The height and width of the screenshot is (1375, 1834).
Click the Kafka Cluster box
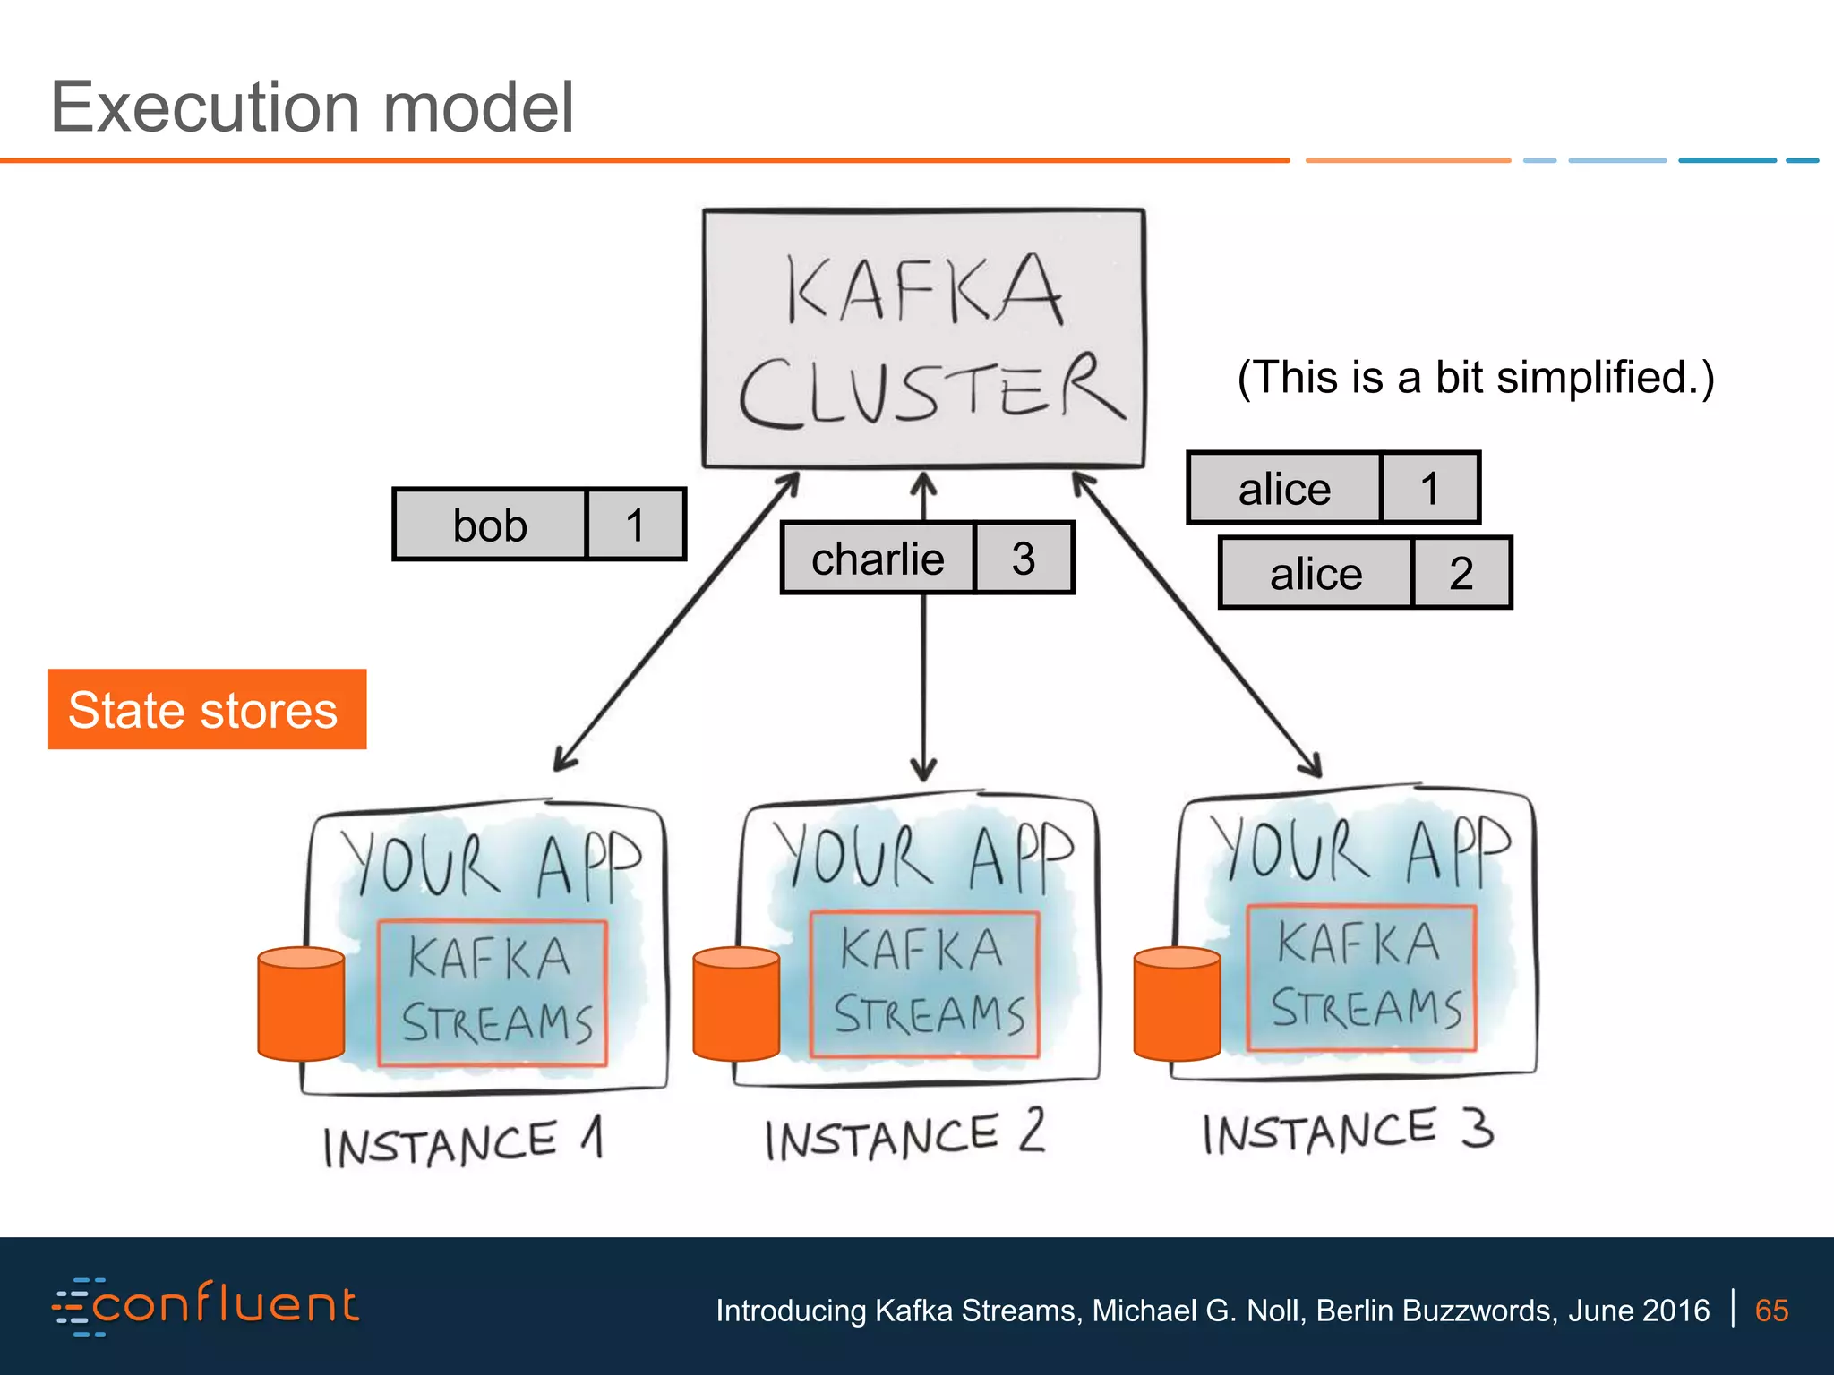[x=923, y=338]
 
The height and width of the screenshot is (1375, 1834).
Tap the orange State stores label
[x=207, y=709]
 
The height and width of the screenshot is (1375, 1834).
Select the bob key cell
[x=490, y=525]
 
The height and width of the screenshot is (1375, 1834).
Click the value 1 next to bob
[x=636, y=525]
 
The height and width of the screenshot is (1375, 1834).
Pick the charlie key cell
[x=878, y=559]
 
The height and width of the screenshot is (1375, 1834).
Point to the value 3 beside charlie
[x=1024, y=559]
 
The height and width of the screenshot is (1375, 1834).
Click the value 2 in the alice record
[x=1461, y=573]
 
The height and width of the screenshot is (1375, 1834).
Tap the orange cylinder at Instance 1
[x=301, y=1004]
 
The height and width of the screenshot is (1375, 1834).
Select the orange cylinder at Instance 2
[x=736, y=1004]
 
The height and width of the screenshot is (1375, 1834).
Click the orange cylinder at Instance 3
[x=1177, y=1004]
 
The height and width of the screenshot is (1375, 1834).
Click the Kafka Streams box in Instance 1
[x=493, y=993]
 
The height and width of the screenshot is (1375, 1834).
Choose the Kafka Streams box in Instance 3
[x=1361, y=978]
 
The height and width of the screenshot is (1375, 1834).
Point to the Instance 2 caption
[x=904, y=1135]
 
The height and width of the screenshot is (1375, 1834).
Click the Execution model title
[x=312, y=107]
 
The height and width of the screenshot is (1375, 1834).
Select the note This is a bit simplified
[x=1475, y=377]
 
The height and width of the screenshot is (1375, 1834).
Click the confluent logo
[x=206, y=1306]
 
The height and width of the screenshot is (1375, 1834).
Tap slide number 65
[x=1771, y=1311]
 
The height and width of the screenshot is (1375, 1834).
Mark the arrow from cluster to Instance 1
[x=676, y=622]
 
